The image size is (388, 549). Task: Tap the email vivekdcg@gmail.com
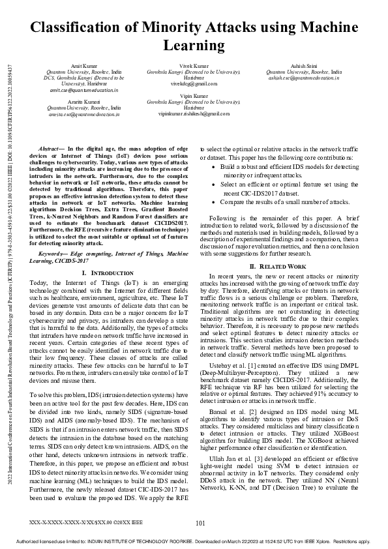coord(194,84)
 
